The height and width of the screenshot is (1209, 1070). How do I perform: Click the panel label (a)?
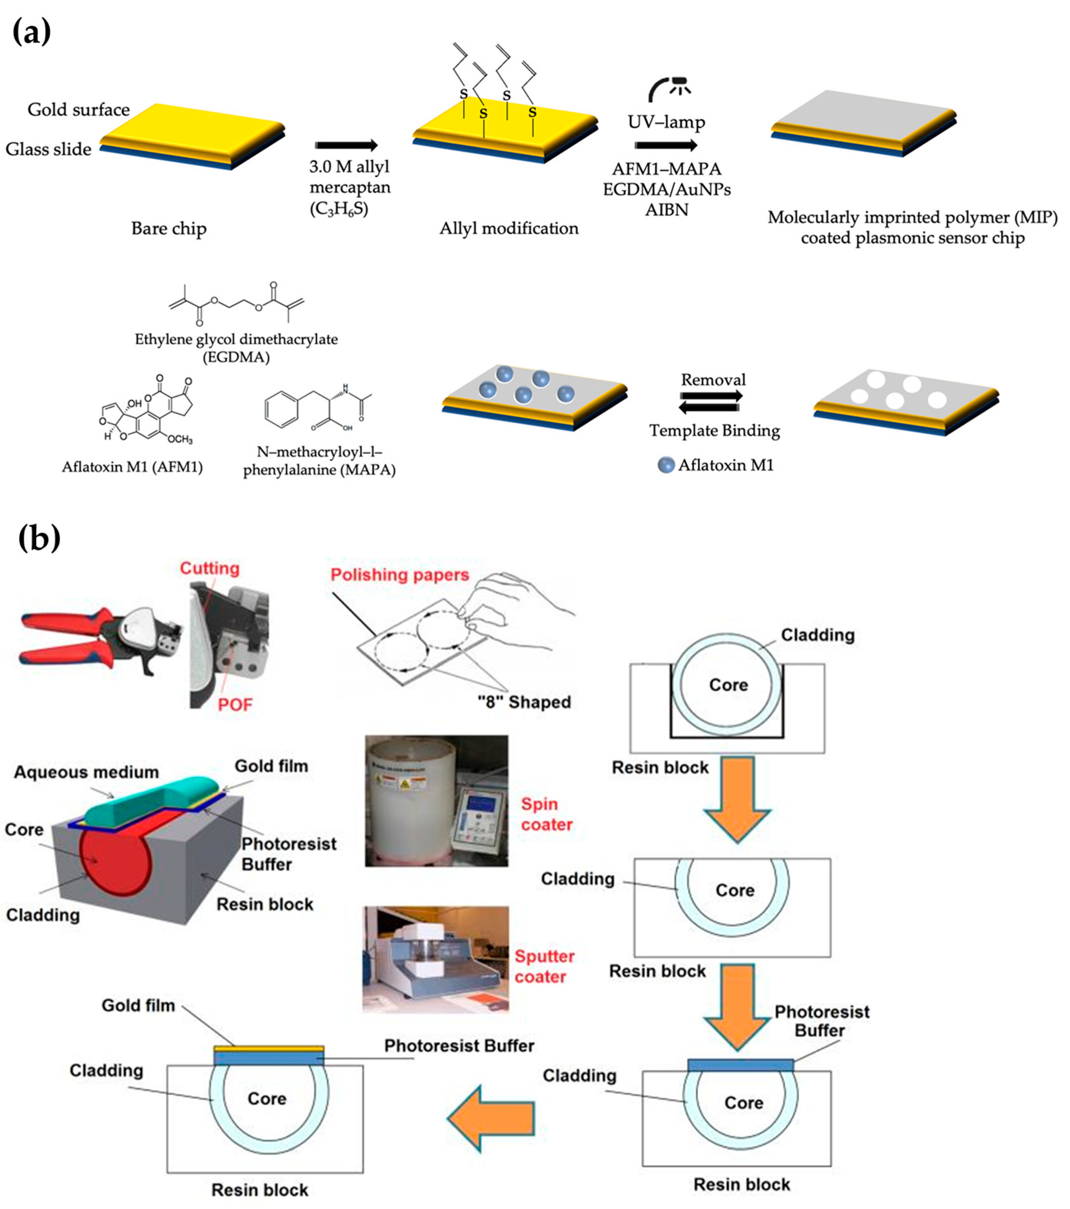click(32, 31)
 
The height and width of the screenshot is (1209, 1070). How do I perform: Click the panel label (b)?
click(39, 537)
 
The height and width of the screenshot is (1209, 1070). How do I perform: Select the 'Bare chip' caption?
click(168, 228)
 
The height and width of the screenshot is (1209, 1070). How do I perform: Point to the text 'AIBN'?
click(667, 210)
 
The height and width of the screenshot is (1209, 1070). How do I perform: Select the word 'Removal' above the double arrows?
click(713, 380)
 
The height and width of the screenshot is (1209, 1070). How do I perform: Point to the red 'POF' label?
click(235, 704)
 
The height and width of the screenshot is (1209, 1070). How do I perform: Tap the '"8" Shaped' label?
click(524, 702)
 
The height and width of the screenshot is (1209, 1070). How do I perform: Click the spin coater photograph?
click(436, 801)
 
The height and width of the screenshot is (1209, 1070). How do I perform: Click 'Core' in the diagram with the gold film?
click(267, 1098)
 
